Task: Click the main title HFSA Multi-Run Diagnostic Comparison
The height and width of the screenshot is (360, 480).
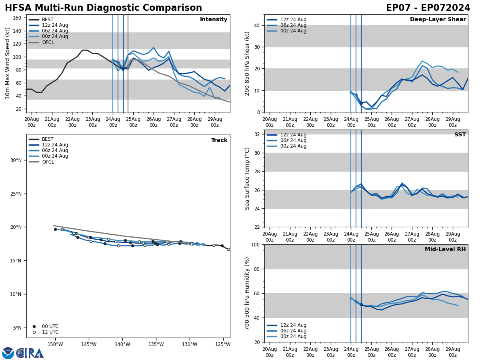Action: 103,8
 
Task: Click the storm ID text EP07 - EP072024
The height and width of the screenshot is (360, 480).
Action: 428,8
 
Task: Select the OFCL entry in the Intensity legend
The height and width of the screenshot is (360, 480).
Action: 48,42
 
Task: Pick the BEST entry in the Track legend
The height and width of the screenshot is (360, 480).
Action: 48,139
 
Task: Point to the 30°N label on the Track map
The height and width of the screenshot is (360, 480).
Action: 16,160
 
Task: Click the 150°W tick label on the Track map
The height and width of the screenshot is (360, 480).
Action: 55,344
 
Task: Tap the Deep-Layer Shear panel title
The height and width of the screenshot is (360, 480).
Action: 438,20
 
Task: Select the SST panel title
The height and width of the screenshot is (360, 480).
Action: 460,135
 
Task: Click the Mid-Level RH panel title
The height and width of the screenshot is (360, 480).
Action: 445,250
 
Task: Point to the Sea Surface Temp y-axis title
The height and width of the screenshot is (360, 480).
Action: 247,178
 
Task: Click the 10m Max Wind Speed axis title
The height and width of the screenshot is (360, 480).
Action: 8,63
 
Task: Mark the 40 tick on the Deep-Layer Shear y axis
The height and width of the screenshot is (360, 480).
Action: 256,25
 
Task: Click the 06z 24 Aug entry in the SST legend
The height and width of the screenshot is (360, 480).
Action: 293,140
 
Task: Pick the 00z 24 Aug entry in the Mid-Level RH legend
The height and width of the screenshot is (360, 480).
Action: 293,336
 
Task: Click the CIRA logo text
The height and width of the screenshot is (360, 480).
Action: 30,353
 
